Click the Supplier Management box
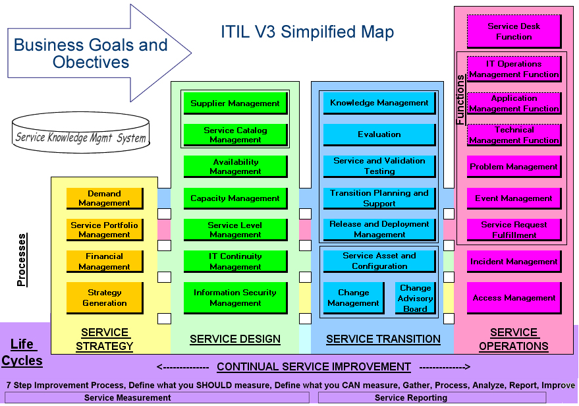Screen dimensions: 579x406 236,103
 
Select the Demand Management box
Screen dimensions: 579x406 105,198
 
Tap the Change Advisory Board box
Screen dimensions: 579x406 416,298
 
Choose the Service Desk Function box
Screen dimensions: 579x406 514,32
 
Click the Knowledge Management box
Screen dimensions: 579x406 379,103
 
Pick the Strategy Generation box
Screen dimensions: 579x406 105,298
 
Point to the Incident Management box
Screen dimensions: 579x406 514,262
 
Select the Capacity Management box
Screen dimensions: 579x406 236,198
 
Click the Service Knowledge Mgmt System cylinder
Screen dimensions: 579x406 81,132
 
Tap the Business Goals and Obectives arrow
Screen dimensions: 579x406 99,53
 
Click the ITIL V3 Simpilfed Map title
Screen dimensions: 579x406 307,32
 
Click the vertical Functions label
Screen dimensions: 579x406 460,100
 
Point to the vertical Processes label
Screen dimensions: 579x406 22,260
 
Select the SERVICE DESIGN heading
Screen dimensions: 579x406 235,339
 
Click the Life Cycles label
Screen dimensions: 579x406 22,353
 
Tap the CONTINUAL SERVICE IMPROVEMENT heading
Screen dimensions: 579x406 314,367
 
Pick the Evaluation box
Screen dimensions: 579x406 379,134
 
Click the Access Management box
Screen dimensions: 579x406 514,298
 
